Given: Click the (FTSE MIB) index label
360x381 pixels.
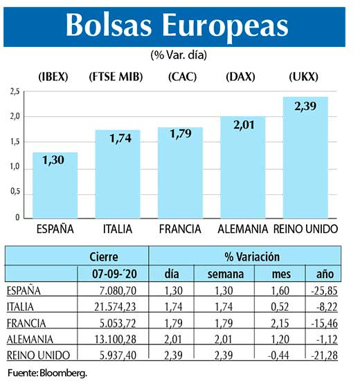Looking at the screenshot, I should (116, 77).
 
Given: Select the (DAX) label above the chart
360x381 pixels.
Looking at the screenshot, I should (242, 77).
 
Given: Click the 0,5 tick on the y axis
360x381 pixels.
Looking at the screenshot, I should (15, 193).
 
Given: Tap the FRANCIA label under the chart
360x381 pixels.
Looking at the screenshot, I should (179, 228).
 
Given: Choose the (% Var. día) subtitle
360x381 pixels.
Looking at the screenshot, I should (179, 54).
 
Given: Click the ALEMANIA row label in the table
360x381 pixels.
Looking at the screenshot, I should (31, 339).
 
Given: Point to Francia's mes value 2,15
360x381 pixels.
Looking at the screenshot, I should (273, 323).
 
